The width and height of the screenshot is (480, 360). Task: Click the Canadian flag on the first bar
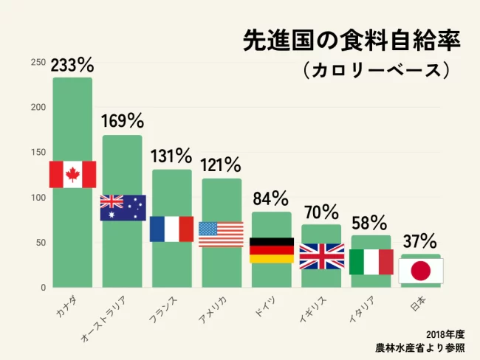tap(72, 174)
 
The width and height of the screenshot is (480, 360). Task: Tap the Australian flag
tap(123, 207)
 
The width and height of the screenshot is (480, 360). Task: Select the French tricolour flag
tap(171, 229)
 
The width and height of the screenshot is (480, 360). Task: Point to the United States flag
tap(221, 234)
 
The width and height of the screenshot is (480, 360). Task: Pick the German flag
tap(271, 250)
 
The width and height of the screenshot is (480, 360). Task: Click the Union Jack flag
tap(321, 256)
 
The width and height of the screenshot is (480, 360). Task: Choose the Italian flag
tap(371, 262)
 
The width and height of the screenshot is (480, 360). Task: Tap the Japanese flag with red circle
tap(420, 271)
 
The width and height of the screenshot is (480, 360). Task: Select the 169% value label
tap(122, 120)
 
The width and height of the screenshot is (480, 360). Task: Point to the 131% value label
tap(171, 156)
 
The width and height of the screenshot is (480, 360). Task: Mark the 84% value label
tap(270, 198)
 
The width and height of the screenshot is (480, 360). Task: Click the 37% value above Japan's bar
tap(419, 241)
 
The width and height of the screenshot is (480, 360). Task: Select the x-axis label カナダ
tap(66, 305)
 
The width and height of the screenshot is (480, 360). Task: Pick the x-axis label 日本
tap(416, 303)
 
